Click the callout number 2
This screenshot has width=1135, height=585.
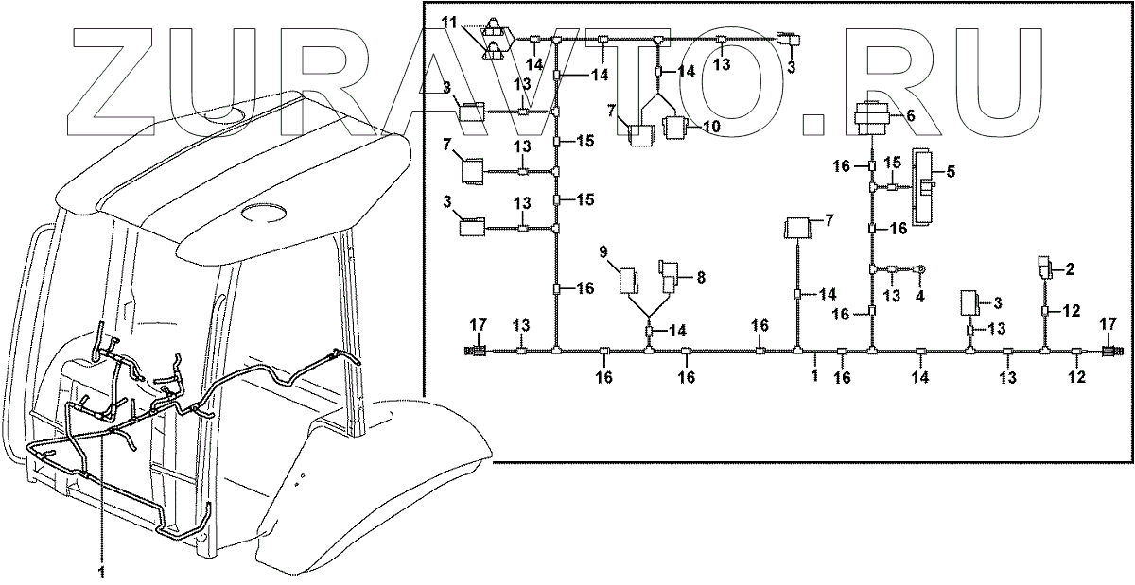(1071, 270)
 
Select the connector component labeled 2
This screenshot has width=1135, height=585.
(1044, 267)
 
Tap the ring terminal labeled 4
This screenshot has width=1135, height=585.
(917, 271)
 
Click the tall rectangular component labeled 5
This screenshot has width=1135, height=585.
(922, 181)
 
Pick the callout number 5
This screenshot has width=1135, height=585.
(951, 172)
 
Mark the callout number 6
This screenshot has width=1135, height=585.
(910, 115)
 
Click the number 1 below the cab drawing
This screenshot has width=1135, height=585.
(103, 571)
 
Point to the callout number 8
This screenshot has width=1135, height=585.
(701, 279)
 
